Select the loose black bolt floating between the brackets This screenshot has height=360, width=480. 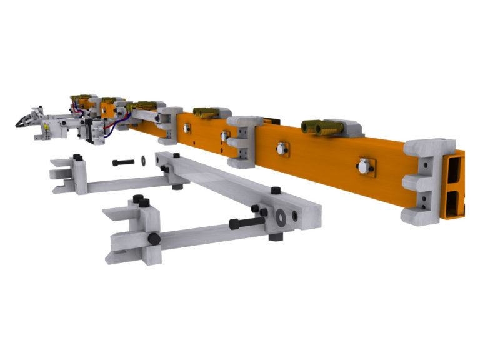(124, 162)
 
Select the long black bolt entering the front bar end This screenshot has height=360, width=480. (246, 222)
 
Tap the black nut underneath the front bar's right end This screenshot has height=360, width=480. (276, 237)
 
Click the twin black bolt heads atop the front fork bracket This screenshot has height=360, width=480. (141, 202)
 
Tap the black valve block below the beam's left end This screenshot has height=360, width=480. (96, 132)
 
